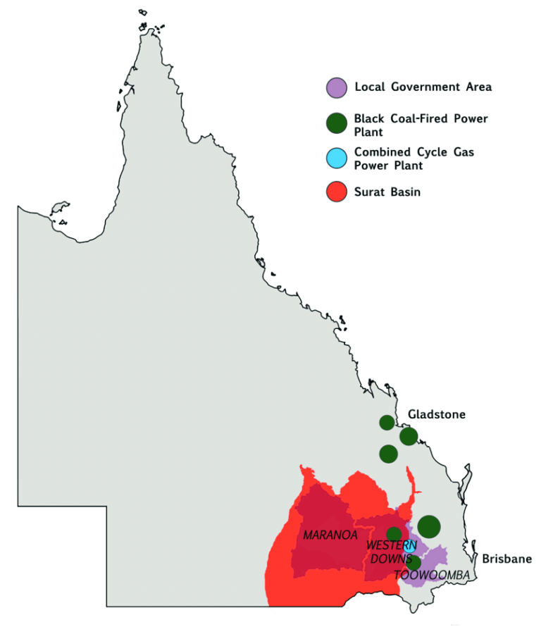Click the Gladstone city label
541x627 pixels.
[x=436, y=414]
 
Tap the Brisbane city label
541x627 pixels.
[x=506, y=559]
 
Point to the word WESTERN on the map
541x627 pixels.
[x=391, y=545]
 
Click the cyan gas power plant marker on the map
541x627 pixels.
[x=409, y=547]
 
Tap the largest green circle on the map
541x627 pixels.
[x=429, y=526]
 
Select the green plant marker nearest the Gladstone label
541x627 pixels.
[x=409, y=437]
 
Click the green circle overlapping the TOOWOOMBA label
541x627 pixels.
[x=413, y=563]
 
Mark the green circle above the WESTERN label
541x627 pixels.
[x=394, y=533]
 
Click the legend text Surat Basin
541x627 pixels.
[x=387, y=192]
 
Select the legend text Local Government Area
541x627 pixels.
[x=423, y=87]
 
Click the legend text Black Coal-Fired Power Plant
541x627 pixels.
[x=421, y=125]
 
